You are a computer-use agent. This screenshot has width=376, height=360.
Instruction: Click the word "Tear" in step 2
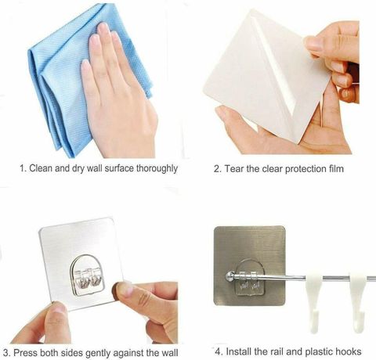(234, 169)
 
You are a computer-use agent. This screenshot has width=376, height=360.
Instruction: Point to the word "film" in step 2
(337, 169)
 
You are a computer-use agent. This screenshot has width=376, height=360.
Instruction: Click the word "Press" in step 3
(25, 353)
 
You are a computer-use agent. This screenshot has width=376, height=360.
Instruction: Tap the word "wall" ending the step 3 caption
(170, 353)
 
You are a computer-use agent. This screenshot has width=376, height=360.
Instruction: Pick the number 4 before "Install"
(219, 351)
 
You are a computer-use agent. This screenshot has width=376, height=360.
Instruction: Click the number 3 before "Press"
(6, 353)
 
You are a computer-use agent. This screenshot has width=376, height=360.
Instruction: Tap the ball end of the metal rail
(230, 276)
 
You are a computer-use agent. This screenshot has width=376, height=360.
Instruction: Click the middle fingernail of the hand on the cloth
(103, 27)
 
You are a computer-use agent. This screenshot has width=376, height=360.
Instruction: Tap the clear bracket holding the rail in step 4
(250, 277)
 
